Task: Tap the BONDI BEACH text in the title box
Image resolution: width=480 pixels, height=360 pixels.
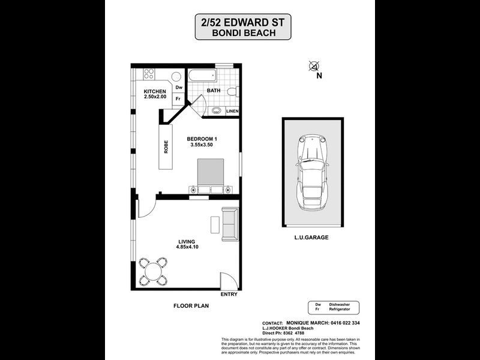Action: click(x=244, y=34)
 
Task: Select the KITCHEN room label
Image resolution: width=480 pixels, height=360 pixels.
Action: click(x=154, y=91)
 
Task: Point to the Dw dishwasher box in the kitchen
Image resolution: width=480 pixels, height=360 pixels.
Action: click(x=178, y=88)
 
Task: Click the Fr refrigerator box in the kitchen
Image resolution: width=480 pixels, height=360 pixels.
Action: click(x=178, y=98)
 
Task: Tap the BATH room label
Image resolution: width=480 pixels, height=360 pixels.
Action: click(x=214, y=91)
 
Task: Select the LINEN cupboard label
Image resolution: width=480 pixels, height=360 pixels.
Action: click(x=233, y=111)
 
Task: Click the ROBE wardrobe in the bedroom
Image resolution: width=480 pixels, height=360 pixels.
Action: click(x=166, y=147)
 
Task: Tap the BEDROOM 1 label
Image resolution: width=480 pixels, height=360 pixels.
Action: click(x=202, y=139)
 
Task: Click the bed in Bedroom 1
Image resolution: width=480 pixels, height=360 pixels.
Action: click(x=211, y=175)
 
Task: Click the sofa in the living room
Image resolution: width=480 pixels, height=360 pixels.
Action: click(x=229, y=223)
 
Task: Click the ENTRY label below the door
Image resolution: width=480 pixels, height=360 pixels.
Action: click(x=229, y=294)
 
